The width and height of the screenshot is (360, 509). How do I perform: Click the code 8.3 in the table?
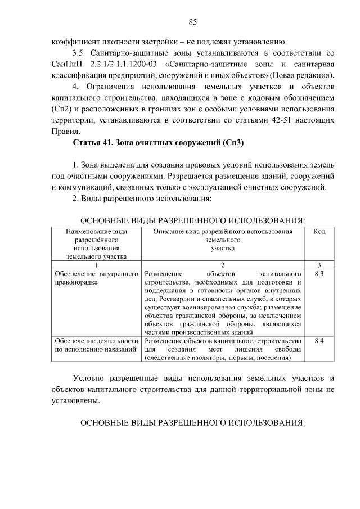(319, 274)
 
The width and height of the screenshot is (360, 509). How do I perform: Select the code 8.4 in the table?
(319, 341)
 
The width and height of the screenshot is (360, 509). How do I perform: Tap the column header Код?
(319, 232)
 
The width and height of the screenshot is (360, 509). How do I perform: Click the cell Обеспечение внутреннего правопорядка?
(96, 278)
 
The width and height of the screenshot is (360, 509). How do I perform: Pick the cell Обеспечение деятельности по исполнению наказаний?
(96, 345)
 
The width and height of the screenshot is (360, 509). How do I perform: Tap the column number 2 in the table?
(223, 265)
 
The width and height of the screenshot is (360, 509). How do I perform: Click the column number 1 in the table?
(96, 265)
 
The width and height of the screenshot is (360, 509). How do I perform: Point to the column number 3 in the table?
(319, 265)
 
